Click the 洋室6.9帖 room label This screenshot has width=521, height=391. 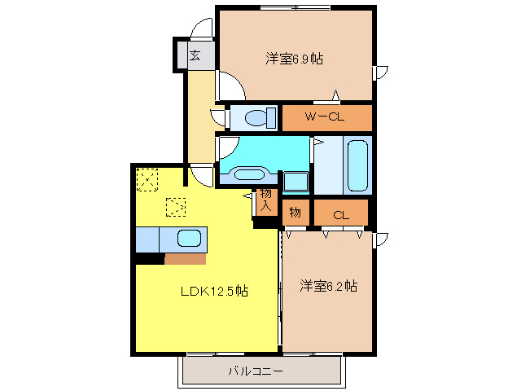click(x=294, y=59)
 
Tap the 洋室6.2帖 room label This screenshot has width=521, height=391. click(x=328, y=286)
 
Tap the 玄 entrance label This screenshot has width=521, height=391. click(x=195, y=55)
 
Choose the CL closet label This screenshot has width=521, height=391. click(x=340, y=214)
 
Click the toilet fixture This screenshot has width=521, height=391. click(x=256, y=119)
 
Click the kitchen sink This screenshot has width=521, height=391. click(x=190, y=239)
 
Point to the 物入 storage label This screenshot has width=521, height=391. click(x=265, y=200)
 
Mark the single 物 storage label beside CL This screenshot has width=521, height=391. click(x=295, y=213)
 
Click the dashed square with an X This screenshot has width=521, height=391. click(x=147, y=178)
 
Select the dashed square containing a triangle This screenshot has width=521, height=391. click(x=175, y=208)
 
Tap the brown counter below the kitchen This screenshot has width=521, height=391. click(x=185, y=259)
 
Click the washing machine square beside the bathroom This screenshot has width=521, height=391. click(x=294, y=182)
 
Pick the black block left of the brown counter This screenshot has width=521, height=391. click(x=149, y=259)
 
